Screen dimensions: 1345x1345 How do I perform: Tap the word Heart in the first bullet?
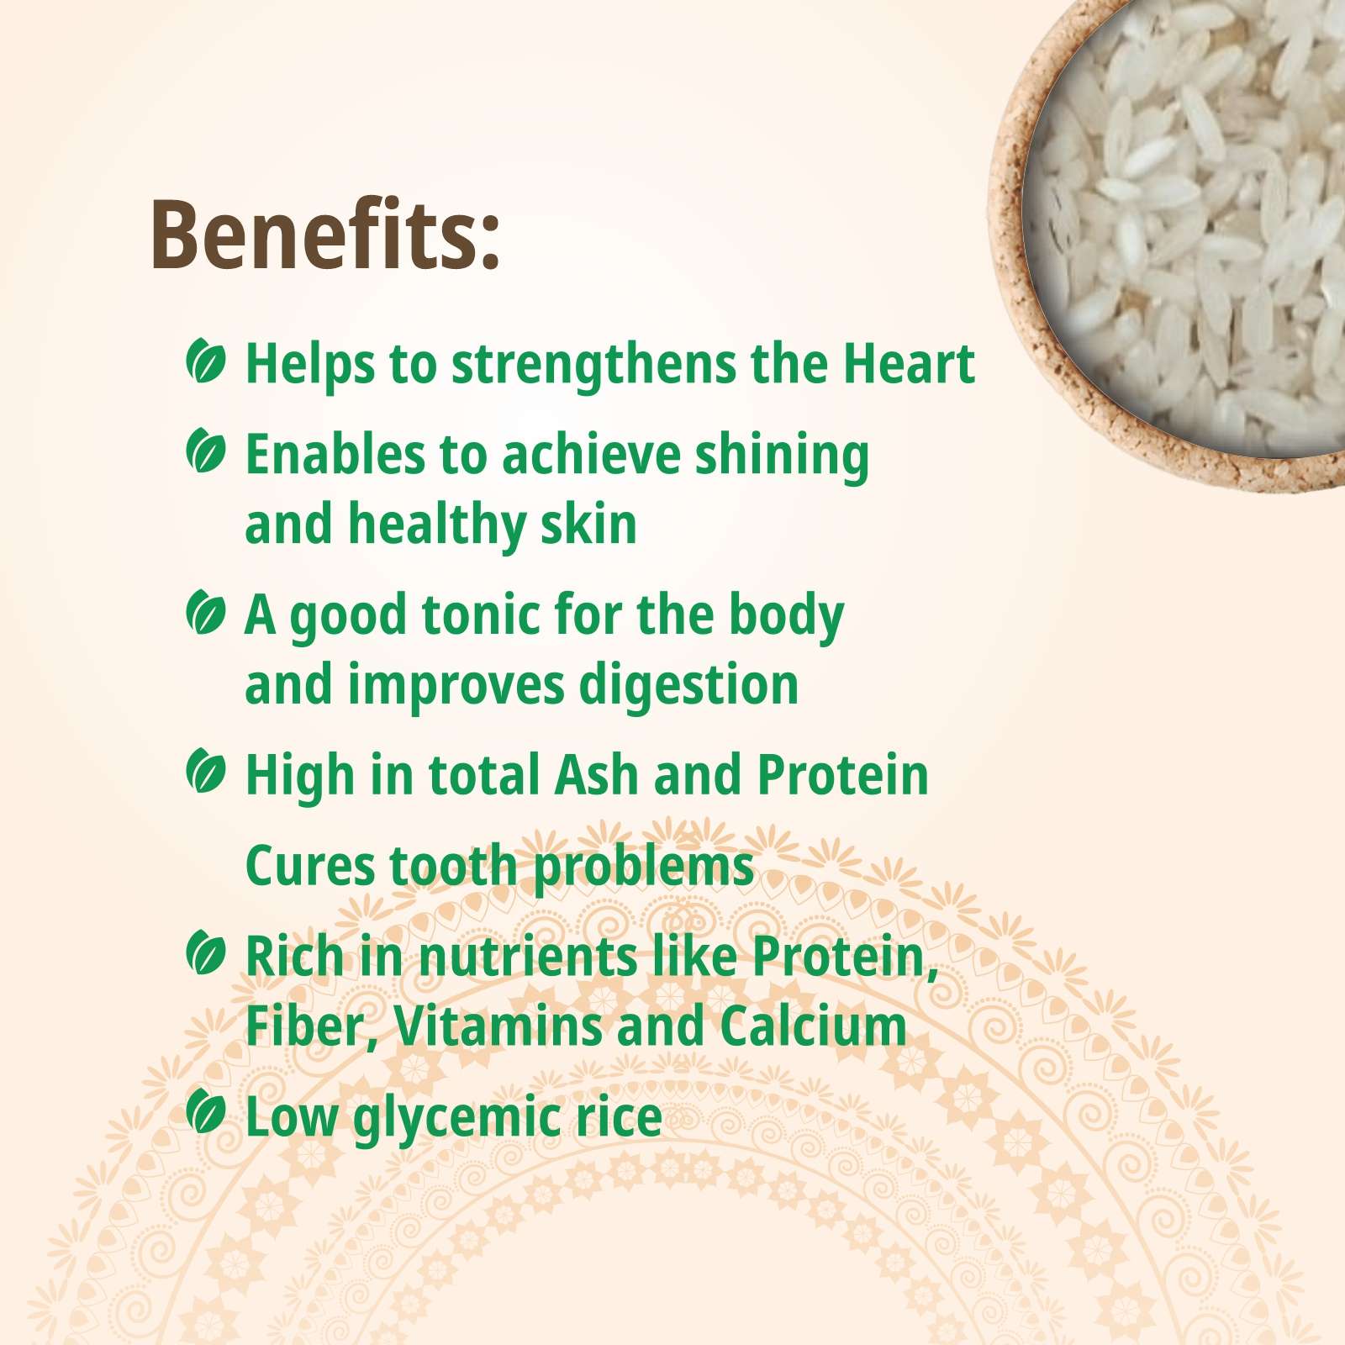[x=909, y=364]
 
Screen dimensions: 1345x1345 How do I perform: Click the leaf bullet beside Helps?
[x=206, y=361]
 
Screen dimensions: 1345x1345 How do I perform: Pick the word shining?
[x=782, y=456]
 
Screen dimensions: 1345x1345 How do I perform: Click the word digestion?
[x=689, y=686]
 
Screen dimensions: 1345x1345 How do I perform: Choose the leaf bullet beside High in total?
[x=206, y=771]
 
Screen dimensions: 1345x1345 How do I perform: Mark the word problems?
[x=644, y=868]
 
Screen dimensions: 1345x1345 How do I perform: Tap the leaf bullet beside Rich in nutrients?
[x=206, y=952]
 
